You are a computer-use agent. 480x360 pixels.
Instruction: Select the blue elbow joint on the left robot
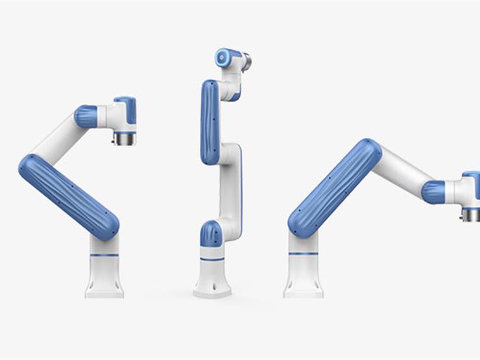click(x=86, y=116)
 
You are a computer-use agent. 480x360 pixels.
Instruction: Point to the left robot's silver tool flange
click(x=125, y=138)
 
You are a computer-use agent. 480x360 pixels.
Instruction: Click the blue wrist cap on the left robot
click(x=127, y=108)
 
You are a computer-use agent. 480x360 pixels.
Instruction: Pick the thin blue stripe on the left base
click(x=104, y=255)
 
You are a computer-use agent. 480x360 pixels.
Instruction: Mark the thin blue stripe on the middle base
click(x=212, y=259)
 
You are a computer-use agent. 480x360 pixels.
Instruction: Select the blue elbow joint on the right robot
click(x=433, y=192)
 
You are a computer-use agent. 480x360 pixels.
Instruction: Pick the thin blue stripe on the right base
click(x=303, y=253)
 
